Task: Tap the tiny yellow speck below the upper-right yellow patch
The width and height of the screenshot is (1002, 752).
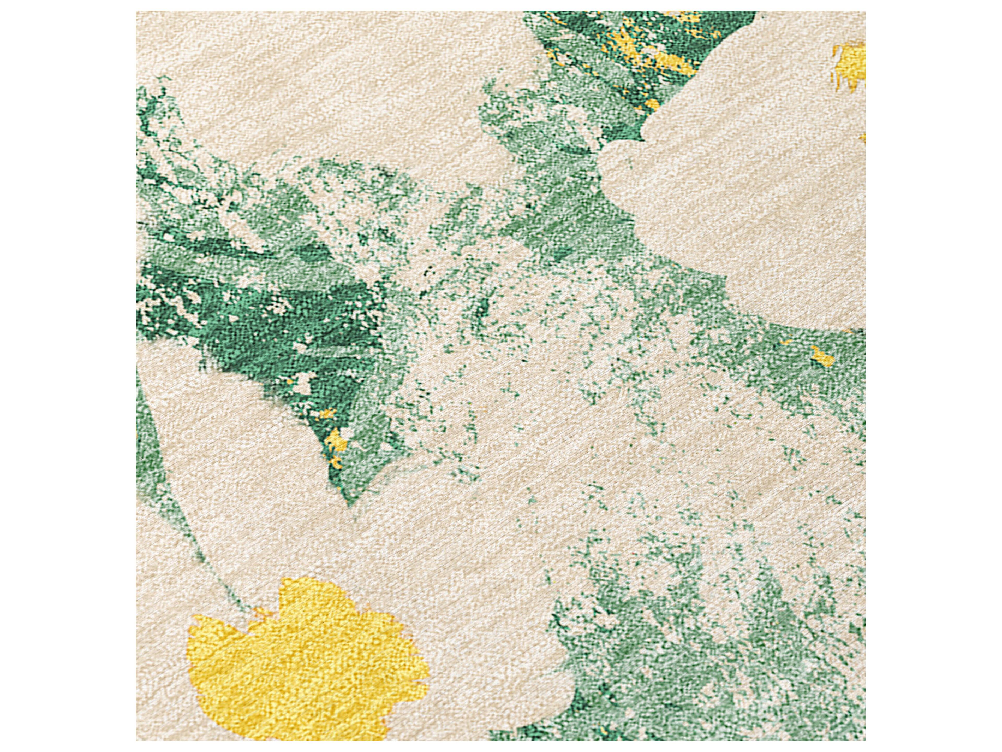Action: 862,138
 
